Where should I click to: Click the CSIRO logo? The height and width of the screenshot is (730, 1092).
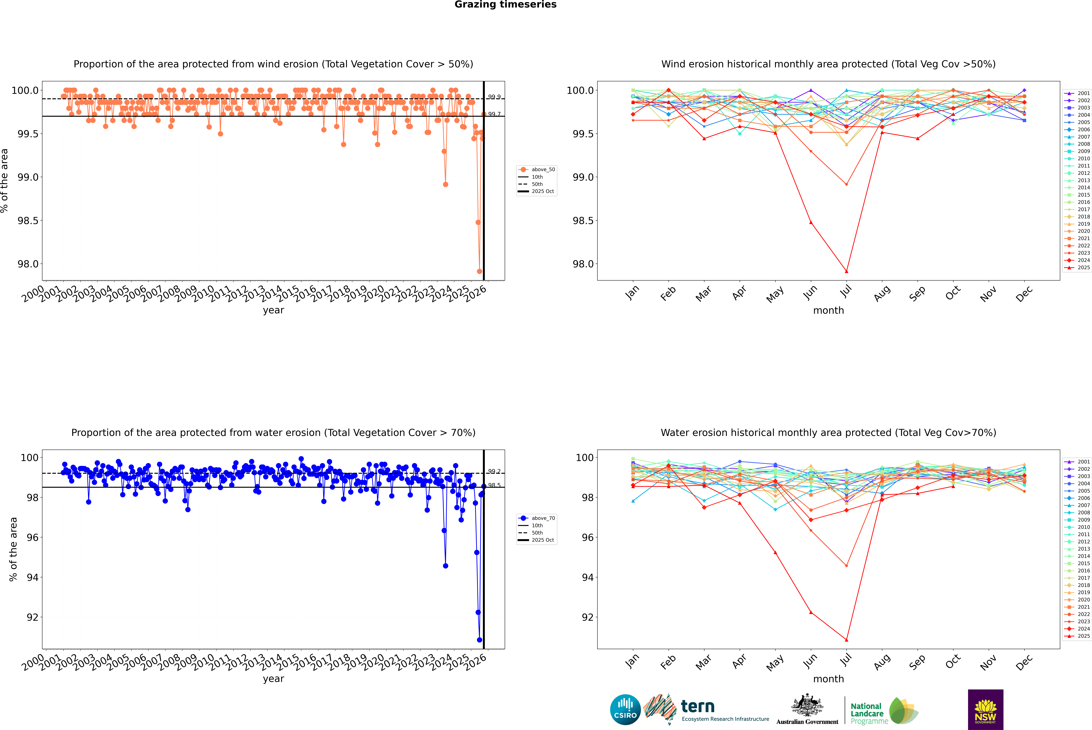[x=625, y=710]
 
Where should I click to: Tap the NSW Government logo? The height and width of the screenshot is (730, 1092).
[x=985, y=710]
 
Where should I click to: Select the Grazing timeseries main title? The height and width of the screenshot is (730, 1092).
[x=506, y=5]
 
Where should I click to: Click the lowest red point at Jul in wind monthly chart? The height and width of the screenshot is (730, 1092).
[x=846, y=271]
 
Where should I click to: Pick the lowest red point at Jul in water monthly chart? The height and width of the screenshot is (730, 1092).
[x=846, y=640]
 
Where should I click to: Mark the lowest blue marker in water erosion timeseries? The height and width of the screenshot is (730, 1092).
[x=479, y=640]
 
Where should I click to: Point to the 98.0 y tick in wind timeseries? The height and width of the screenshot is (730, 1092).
[x=28, y=264]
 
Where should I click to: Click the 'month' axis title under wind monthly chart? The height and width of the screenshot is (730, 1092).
[x=828, y=311]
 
